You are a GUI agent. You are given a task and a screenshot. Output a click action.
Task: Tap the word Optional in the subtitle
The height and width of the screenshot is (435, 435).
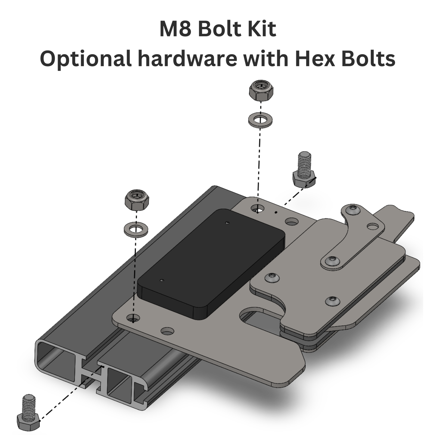(x=85, y=59)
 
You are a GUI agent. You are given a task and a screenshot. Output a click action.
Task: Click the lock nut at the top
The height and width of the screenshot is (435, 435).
(x=261, y=90)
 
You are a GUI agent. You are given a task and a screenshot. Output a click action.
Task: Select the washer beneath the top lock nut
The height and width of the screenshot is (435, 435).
(x=260, y=120)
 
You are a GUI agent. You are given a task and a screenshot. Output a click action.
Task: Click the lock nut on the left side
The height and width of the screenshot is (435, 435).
(x=137, y=200)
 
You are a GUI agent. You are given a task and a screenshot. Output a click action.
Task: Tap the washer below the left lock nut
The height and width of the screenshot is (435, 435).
(x=136, y=229)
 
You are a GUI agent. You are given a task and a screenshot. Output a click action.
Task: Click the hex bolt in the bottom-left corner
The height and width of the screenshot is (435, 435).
(x=28, y=412)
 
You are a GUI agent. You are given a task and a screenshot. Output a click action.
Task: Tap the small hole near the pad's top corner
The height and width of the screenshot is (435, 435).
(x=227, y=223)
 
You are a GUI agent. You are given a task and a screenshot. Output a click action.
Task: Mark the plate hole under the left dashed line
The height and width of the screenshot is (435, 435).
(x=133, y=318)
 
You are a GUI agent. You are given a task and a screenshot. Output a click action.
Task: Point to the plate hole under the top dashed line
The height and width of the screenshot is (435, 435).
(x=257, y=208)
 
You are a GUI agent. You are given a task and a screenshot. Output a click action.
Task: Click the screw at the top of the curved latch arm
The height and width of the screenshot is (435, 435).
(x=353, y=208)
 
